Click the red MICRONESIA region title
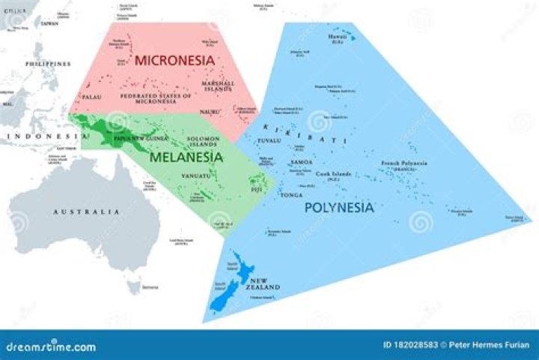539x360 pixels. (175, 59)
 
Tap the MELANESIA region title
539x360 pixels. (186, 157)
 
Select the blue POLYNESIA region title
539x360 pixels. (338, 208)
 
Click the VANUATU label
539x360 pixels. (194, 175)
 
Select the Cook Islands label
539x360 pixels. (333, 175)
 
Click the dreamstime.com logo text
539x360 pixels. (51, 346)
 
